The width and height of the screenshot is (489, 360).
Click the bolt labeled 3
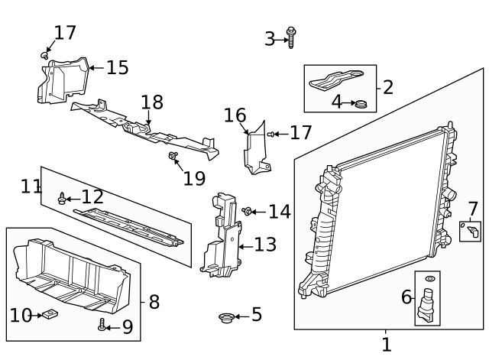[291, 37]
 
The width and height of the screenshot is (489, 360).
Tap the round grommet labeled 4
[361, 102]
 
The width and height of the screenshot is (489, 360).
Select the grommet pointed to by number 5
[225, 316]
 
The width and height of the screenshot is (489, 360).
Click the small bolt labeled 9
[102, 325]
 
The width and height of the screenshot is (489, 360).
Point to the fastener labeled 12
[62, 199]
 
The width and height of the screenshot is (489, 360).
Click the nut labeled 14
[248, 211]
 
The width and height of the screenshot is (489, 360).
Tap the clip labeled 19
[173, 157]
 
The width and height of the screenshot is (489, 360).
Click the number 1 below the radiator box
[386, 345]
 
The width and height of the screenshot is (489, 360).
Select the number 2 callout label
[387, 87]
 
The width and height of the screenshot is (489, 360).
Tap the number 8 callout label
[154, 302]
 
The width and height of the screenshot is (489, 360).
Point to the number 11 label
[31, 186]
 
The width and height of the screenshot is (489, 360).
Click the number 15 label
[117, 68]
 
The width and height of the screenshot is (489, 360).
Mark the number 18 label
[152, 102]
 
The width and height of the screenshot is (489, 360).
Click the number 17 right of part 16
[301, 133]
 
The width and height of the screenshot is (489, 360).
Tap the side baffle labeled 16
[254, 149]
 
